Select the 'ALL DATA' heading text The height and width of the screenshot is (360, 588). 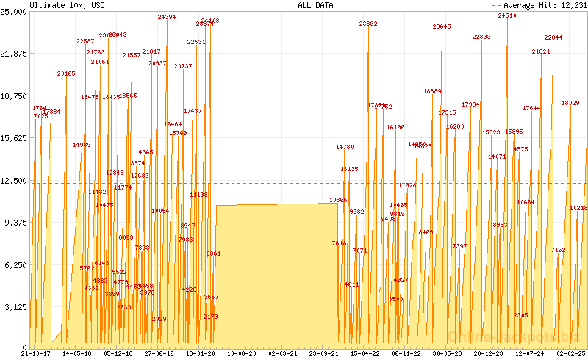tap(315, 5)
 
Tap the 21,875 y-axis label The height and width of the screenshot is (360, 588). tap(14, 54)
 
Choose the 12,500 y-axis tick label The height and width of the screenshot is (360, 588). tap(14, 181)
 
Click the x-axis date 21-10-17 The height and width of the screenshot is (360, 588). tap(35, 353)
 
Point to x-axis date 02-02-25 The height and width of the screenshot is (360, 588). tap(570, 353)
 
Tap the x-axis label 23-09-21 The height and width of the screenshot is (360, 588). tap(323, 353)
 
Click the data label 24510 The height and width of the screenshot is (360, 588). tap(507, 15)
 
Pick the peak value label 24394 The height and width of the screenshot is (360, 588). tap(167, 17)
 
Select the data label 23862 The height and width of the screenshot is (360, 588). tap(368, 24)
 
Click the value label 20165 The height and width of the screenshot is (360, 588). tap(66, 73)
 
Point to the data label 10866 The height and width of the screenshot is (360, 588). tap(338, 200)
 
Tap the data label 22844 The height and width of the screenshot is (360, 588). tap(553, 37)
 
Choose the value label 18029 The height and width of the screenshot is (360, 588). tap(570, 104)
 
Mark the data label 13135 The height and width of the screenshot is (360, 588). tap(349, 170)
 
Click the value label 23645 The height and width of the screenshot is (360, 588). tap(442, 27)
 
